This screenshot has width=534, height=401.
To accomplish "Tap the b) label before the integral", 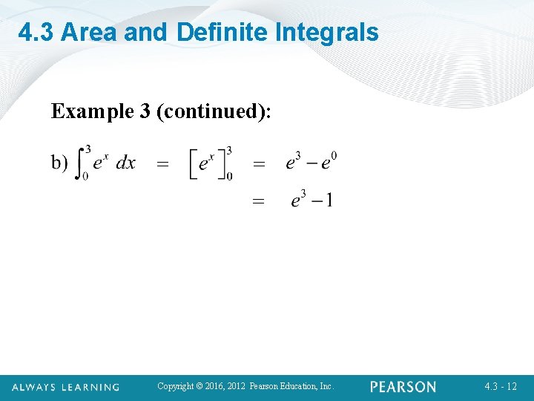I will [60, 162].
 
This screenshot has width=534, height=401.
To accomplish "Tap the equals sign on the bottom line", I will [258, 201].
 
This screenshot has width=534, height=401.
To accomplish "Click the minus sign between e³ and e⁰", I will [313, 162].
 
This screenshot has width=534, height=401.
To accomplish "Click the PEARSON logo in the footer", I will [403, 387].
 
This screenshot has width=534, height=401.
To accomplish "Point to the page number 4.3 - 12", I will [501, 387].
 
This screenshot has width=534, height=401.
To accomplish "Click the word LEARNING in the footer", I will [90, 387].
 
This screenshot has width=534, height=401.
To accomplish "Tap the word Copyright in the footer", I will [174, 386].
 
